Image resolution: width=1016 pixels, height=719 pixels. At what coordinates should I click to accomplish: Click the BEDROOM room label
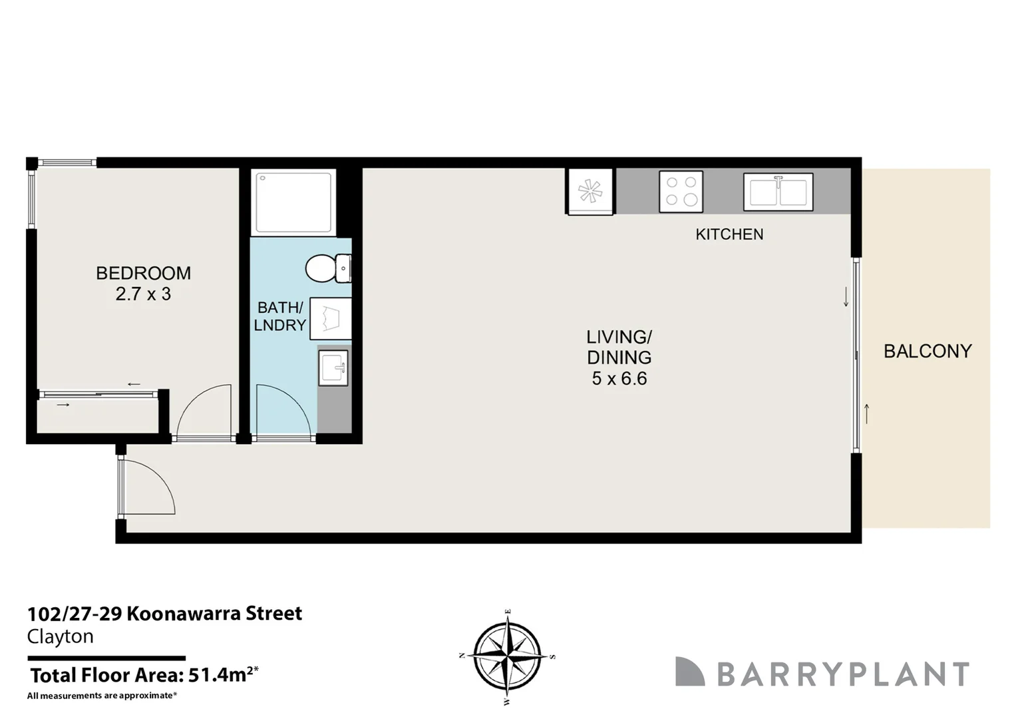click(143, 273)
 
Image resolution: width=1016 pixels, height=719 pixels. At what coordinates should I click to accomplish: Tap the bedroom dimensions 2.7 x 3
click(143, 294)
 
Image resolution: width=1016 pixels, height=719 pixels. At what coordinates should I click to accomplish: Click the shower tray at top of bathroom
click(293, 202)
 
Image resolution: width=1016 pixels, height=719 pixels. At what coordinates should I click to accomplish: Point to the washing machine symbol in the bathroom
click(330, 318)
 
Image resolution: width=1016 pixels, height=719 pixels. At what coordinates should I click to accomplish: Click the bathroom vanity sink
click(333, 367)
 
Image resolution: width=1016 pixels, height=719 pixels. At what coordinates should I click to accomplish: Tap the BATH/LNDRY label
click(281, 316)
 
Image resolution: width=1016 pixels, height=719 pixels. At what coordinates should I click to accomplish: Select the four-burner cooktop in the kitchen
click(681, 192)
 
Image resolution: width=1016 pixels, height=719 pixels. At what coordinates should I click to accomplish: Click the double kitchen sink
click(778, 192)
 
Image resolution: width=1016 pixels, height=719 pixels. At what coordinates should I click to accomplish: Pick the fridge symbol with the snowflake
click(590, 192)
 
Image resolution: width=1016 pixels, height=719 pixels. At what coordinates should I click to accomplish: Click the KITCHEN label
click(729, 234)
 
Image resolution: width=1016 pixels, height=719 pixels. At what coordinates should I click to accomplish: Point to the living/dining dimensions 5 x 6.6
click(619, 379)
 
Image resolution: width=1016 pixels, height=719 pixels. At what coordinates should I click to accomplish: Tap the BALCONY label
click(928, 351)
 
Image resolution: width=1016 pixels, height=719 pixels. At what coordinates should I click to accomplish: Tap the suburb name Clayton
click(60, 636)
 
